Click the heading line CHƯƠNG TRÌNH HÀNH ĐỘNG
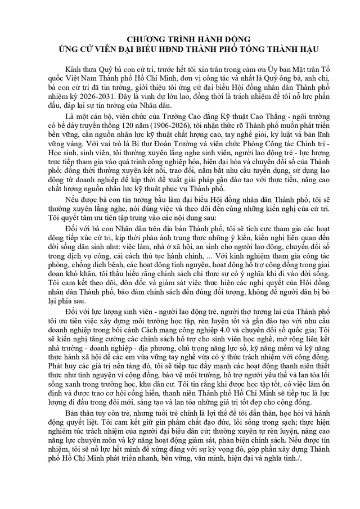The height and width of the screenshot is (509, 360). (180, 39)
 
